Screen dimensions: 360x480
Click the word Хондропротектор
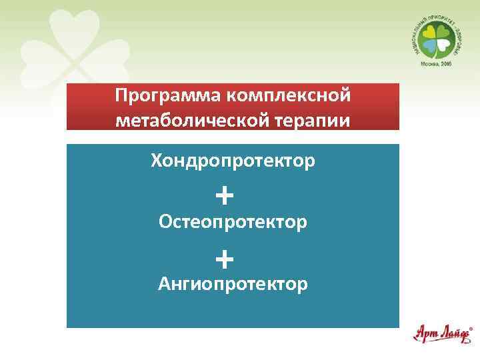(x=233, y=161)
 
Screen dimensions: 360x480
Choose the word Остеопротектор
(x=233, y=221)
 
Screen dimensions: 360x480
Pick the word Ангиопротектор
(x=233, y=285)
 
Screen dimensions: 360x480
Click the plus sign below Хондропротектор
(x=225, y=195)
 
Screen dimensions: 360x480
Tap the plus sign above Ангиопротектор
(x=225, y=257)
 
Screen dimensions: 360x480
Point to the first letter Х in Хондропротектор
(x=157, y=161)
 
